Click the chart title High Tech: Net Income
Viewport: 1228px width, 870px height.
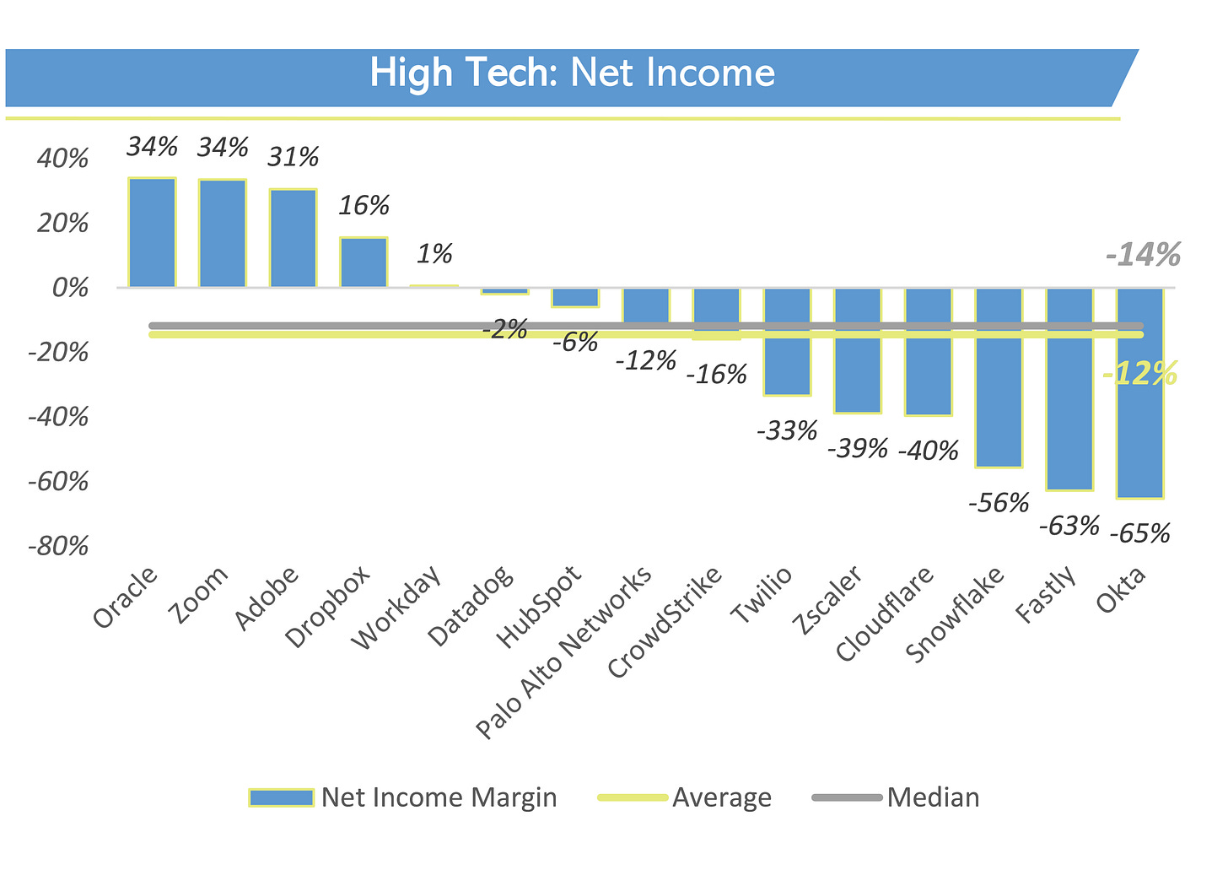click(x=572, y=73)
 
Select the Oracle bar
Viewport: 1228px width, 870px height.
click(x=152, y=233)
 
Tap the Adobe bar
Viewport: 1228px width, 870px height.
click(x=293, y=238)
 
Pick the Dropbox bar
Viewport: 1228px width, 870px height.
click(x=364, y=262)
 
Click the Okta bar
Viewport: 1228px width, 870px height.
click(x=1139, y=393)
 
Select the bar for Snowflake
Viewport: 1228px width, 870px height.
click(x=999, y=378)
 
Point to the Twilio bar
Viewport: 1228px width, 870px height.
click(x=787, y=342)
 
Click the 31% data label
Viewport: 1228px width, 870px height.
click(x=294, y=157)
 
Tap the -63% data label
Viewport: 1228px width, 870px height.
click(x=1069, y=526)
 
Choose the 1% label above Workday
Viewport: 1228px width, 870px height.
click(x=434, y=254)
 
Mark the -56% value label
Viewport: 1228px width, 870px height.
click(x=999, y=503)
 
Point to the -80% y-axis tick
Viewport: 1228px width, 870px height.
click(x=58, y=547)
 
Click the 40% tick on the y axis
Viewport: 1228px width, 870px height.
click(x=62, y=159)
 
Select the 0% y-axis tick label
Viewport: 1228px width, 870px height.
click(x=70, y=288)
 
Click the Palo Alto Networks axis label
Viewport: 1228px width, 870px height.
click(x=563, y=652)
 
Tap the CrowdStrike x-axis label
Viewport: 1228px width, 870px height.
click(x=665, y=623)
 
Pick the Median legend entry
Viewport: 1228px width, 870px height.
click(x=896, y=797)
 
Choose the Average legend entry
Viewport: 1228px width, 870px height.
click(x=685, y=797)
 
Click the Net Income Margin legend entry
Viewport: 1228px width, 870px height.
click(x=403, y=797)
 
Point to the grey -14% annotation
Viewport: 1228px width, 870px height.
click(x=1143, y=255)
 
